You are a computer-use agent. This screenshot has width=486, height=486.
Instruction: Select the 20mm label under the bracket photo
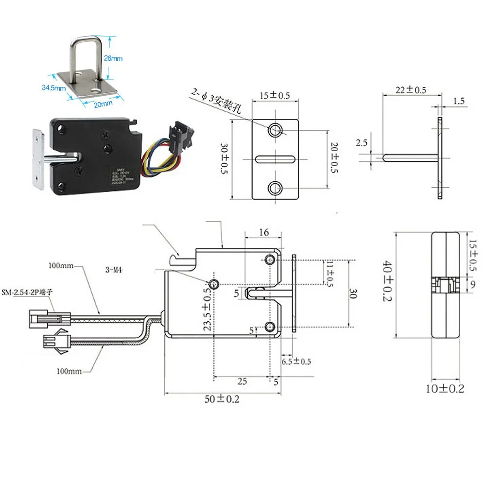pos(104,104)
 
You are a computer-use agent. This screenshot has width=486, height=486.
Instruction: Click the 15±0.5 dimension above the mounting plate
pos(274,96)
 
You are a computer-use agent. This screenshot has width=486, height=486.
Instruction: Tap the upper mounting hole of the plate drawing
pos(275,129)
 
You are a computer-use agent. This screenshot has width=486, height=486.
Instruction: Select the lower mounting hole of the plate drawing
pos(275,187)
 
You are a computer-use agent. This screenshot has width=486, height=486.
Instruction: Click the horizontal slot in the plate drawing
pos(275,158)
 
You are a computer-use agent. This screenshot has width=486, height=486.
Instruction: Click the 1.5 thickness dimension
pos(458,101)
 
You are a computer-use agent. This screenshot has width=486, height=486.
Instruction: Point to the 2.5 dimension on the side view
pos(361,143)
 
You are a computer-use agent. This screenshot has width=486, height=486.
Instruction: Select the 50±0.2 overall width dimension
pos(222,399)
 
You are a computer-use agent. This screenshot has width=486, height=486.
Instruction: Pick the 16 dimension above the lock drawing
pos(263,233)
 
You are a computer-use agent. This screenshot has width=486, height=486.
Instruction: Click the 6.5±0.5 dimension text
pos(295,362)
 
